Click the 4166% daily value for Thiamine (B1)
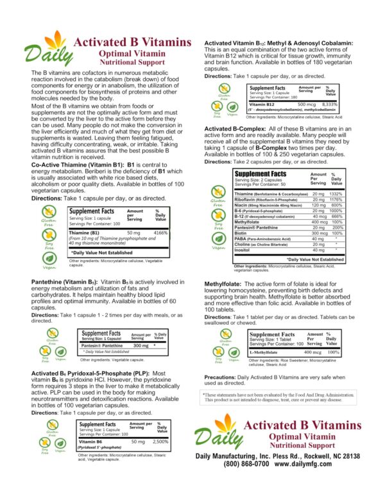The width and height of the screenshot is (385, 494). [x=161, y=233]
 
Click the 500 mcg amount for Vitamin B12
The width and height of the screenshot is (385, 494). [x=307, y=103]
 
